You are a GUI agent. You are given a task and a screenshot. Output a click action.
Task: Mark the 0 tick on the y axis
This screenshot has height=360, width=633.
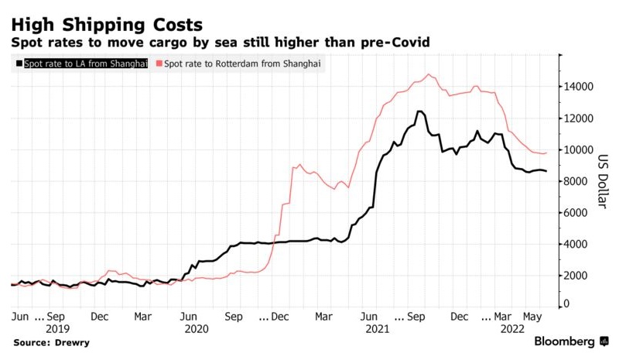pyautogui.click(x=566, y=305)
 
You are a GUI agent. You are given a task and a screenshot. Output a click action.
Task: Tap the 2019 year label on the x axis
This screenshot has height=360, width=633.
pyautogui.click(x=58, y=328)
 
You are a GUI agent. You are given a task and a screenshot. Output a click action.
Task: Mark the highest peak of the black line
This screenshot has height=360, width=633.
pyautogui.click(x=419, y=111)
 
